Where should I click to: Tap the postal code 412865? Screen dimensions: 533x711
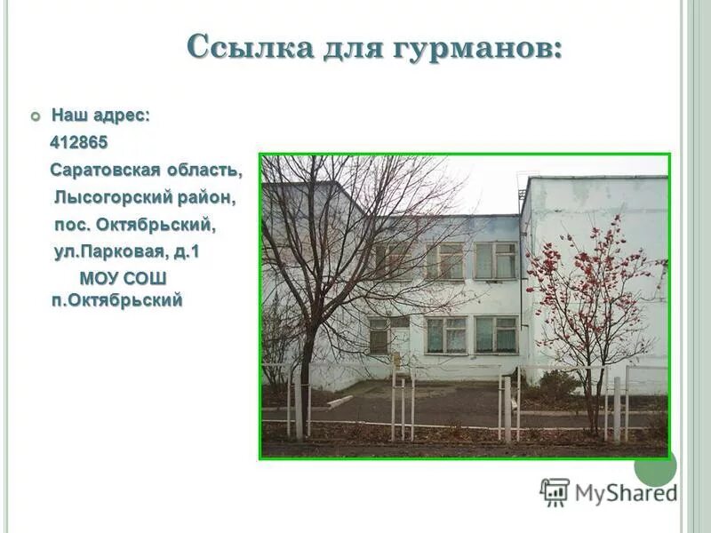tap(79, 142)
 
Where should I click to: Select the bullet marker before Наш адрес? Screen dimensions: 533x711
tap(36, 116)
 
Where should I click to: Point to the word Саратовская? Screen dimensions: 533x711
tap(105, 169)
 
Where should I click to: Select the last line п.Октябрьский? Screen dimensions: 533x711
tap(116, 300)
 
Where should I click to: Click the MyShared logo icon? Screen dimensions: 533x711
tap(555, 491)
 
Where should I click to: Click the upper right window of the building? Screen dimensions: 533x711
tap(495, 260)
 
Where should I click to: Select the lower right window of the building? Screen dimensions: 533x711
tap(495, 334)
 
